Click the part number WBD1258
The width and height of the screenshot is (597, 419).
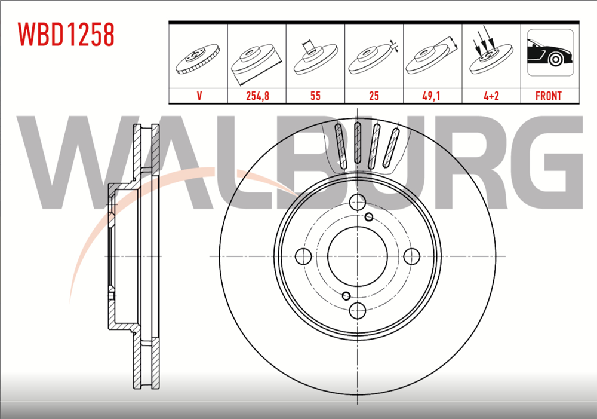pos(66,35)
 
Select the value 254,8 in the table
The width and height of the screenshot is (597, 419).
pos(257,96)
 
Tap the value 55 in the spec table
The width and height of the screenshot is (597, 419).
pos(315,96)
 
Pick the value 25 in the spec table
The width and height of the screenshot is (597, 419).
pos(374,96)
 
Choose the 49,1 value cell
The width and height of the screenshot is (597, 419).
pos(432,96)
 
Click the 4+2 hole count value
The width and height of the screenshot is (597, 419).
pos(491,96)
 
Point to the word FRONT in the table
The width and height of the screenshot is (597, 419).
pos(549,96)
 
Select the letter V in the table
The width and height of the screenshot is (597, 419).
pos(198,96)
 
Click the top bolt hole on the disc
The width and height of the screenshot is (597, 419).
pos(357,202)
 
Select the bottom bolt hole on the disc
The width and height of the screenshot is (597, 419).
pos(357,309)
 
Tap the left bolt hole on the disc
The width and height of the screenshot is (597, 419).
pos(304,256)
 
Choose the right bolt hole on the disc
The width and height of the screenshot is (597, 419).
pos(411,256)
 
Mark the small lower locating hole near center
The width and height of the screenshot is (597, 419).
pos(346,295)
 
